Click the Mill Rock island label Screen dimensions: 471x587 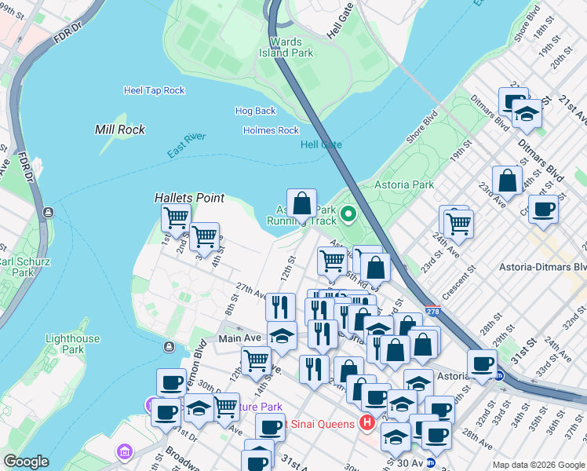point(120,130)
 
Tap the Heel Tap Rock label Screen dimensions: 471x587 point(154,90)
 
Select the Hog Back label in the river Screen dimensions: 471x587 point(255,111)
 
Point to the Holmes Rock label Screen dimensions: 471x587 point(271,130)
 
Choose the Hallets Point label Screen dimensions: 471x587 point(189,198)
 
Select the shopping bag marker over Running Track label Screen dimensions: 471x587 point(301,203)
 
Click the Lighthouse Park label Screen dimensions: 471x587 point(72,344)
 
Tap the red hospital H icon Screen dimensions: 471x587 point(366,424)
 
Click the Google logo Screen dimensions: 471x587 point(27,461)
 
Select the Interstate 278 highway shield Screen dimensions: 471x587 point(432,311)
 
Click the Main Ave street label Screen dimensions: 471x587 point(239,338)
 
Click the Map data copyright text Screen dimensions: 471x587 point(538,465)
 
